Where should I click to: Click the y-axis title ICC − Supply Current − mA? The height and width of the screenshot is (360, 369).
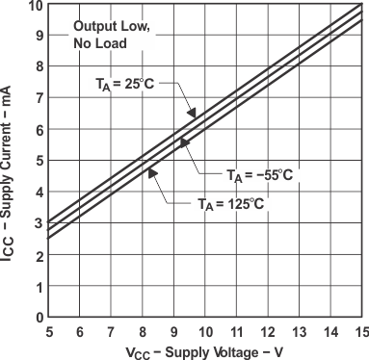pos(10,161)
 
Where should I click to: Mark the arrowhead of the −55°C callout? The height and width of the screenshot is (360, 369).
pos(181,142)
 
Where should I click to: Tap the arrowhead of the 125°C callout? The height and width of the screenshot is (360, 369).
pos(149,169)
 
